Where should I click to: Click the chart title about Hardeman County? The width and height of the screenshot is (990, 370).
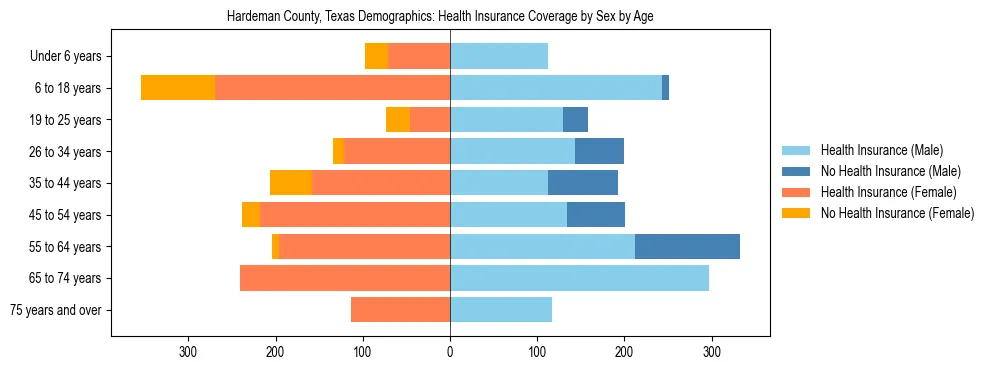(x=440, y=17)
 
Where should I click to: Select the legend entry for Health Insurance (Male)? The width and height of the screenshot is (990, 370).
(x=881, y=150)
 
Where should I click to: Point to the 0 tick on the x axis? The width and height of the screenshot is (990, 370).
(x=450, y=352)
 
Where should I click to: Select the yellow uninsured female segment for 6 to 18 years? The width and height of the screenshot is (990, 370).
(x=178, y=88)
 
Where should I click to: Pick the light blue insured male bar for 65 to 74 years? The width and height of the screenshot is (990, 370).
(x=579, y=278)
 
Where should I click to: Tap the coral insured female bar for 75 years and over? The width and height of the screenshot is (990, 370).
(x=400, y=310)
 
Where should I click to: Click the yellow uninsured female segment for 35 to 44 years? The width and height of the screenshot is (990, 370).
(x=290, y=183)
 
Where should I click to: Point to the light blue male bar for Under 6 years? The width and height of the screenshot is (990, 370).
(x=499, y=56)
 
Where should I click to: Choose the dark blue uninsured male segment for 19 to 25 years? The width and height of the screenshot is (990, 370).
(x=575, y=120)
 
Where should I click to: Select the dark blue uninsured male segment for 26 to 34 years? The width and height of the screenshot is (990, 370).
(x=599, y=151)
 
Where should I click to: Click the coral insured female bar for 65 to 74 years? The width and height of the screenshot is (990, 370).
(x=345, y=278)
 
